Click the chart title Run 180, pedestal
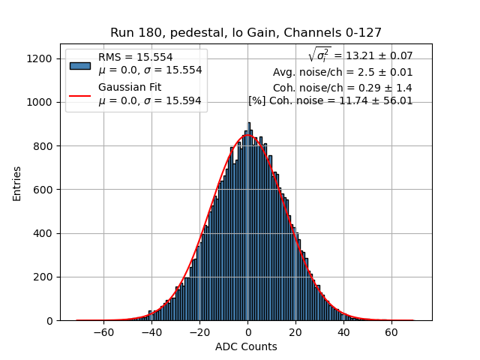[x=246, y=33]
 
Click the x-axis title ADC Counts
[x=246, y=346]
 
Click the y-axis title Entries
[x=16, y=183]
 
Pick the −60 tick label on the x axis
[x=103, y=332]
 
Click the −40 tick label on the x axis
[x=151, y=332]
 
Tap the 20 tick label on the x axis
[x=295, y=332]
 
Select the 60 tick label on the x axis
[x=391, y=332]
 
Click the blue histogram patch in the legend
[x=79, y=64]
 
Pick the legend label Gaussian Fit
[x=130, y=88]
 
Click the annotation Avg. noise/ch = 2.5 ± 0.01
[x=343, y=72]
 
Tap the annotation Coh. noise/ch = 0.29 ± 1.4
[x=343, y=87]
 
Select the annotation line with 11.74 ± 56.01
[x=331, y=100]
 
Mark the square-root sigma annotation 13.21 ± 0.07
[x=360, y=55]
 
